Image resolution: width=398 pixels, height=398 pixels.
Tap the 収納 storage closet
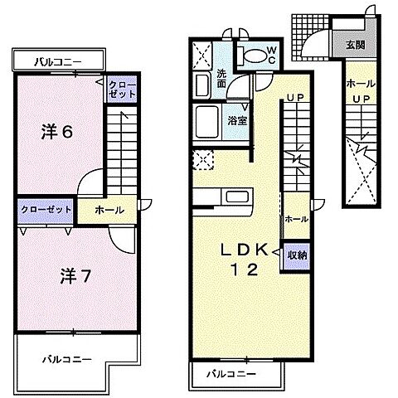click(297, 255)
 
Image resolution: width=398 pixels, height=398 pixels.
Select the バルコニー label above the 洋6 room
click(57, 61)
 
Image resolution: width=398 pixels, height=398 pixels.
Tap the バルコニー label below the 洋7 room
click(64, 358)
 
